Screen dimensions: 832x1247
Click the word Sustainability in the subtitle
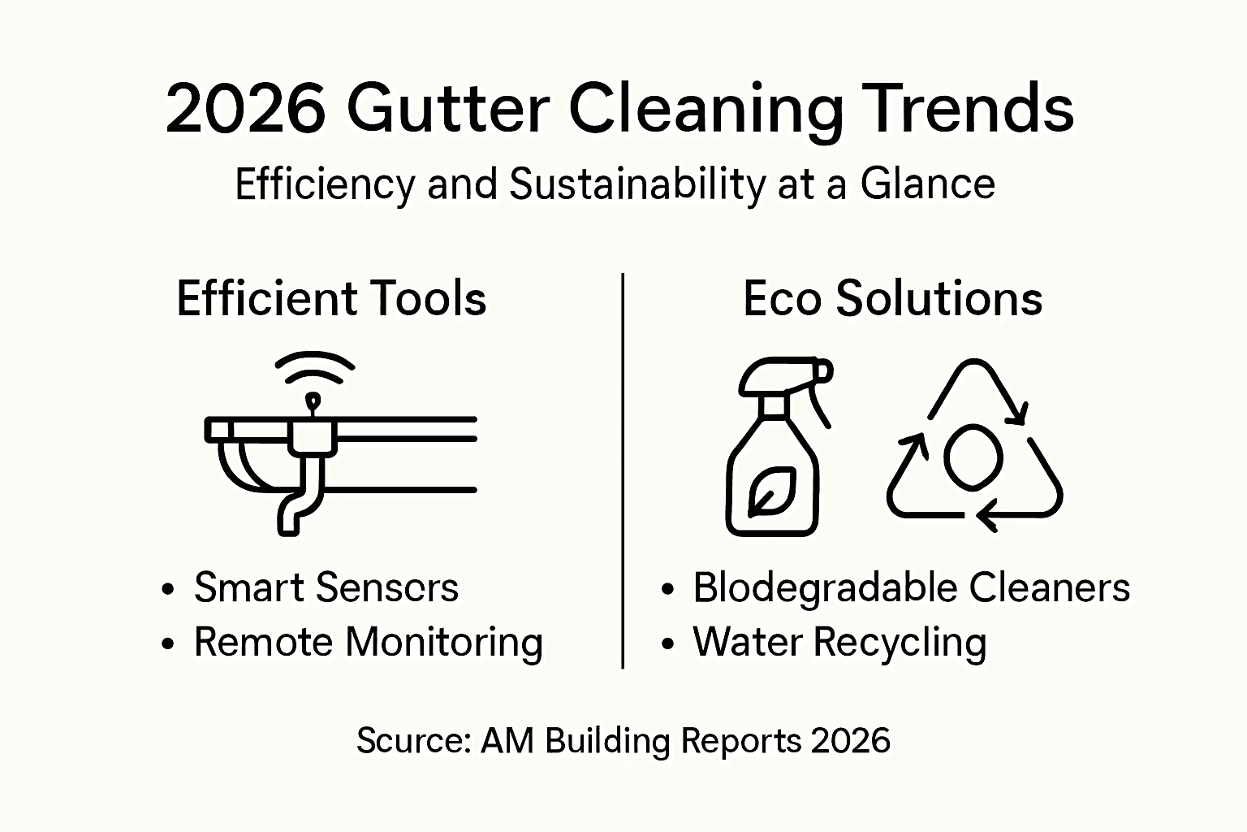636,184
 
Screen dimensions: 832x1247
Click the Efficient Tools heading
331,298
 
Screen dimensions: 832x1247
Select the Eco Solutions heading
892,298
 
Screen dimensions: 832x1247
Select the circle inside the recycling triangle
973,457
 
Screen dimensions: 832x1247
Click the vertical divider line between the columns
623,471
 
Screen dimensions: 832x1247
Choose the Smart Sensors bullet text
326,587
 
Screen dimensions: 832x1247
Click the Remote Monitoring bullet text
368,642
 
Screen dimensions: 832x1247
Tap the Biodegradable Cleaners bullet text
910,587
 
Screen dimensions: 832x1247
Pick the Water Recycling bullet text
839,642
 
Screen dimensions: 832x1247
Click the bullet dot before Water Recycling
667,644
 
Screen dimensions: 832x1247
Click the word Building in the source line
607,741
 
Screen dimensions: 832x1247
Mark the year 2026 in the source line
850,741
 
